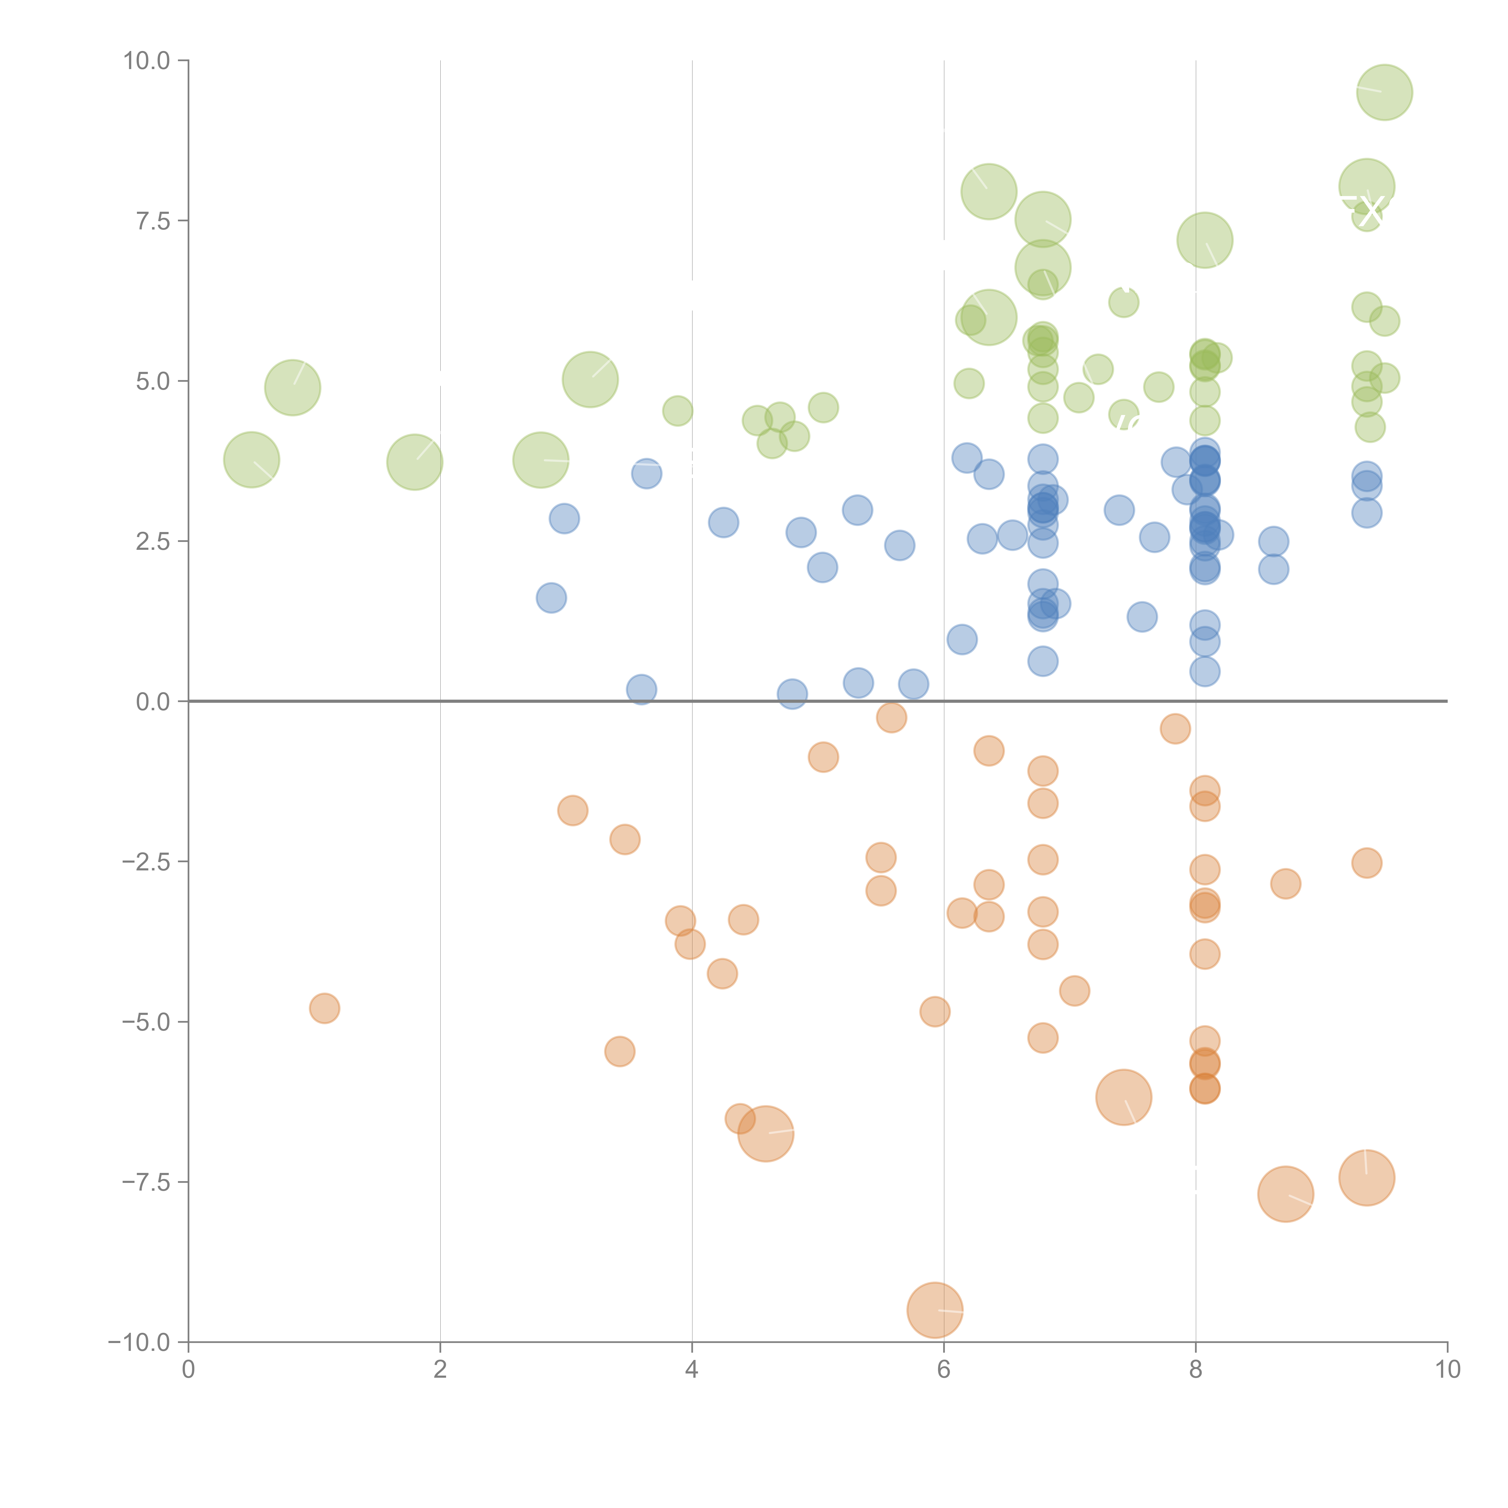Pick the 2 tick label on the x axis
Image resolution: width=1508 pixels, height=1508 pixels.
point(440,1370)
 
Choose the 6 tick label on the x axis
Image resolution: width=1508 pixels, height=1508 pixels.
point(944,1370)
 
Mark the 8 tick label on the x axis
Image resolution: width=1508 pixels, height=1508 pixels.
point(1196,1370)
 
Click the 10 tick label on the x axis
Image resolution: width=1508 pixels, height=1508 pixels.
point(1447,1370)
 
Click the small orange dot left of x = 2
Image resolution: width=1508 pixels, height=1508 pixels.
point(324,1009)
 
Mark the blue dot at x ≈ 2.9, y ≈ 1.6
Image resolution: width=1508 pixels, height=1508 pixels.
point(551,598)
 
